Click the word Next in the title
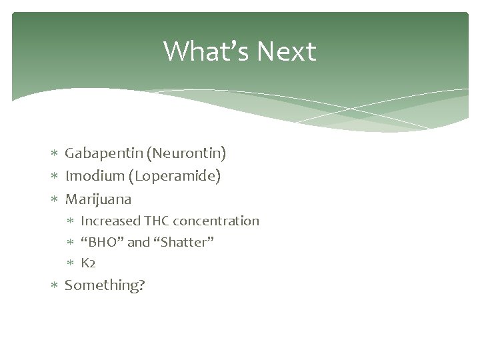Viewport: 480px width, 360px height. coord(286,51)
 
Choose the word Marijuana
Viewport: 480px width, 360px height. coord(98,199)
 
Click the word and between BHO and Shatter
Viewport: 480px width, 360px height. coord(138,242)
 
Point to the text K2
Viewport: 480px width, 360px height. coord(89,263)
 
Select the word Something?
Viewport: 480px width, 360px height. coord(105,285)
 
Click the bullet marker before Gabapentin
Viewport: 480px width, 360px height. coord(55,155)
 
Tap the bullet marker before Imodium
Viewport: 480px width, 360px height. coord(55,177)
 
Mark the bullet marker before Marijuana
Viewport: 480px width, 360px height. coord(55,199)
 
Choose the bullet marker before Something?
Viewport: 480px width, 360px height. coord(55,285)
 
